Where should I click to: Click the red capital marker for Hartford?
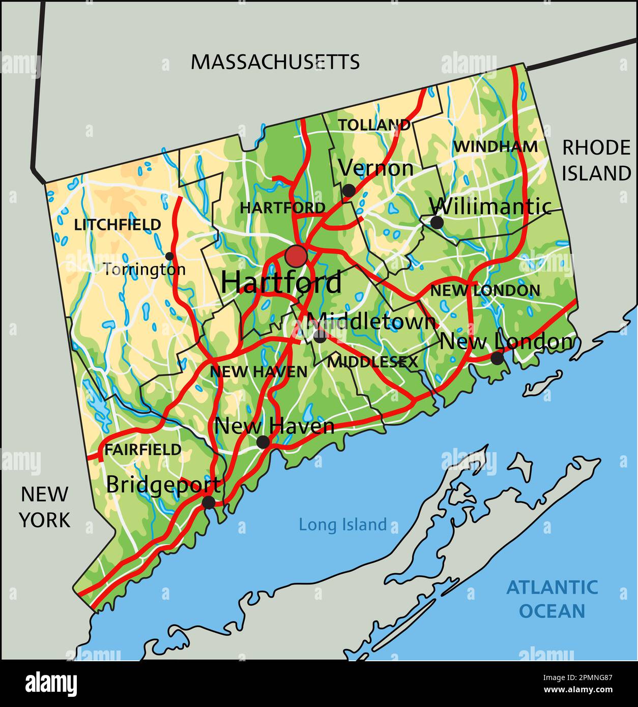296,256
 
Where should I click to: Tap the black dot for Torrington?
169,256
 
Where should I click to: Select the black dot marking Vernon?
349,191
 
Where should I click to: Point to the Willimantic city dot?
437,222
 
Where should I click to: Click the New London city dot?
497,358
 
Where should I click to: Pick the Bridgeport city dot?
209,503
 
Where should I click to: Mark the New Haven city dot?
263,442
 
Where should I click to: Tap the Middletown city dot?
320,336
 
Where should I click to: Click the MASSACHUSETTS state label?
275,62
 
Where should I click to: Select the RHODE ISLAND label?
596,160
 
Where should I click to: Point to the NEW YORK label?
44,507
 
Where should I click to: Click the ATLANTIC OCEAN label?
552,599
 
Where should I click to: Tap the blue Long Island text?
342,524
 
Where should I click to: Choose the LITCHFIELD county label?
118,225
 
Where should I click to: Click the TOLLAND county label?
374,125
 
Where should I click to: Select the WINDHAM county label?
495,147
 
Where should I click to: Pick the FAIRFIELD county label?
142,450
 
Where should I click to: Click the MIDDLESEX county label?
372,362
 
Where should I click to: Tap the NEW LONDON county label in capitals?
485,291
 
